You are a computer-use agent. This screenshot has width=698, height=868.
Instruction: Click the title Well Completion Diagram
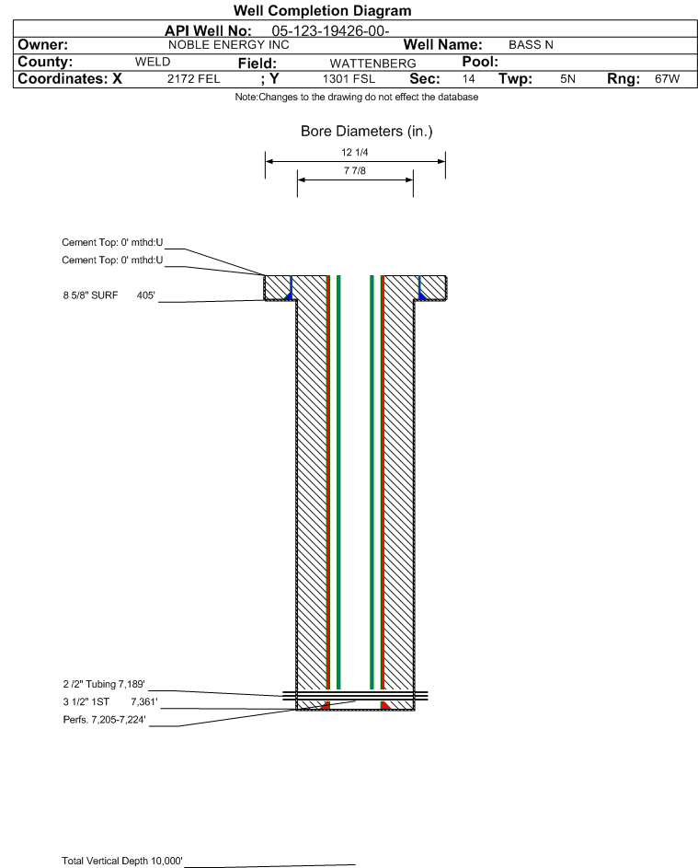coord(323,10)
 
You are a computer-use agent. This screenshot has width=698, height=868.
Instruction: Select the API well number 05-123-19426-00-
coord(330,31)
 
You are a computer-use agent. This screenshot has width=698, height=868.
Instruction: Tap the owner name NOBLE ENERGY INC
coord(228,45)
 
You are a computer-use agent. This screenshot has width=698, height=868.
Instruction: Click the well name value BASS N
coord(531,45)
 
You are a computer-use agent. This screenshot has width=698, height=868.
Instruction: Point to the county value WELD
coord(153,62)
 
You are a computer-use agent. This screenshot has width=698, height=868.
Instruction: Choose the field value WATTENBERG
coord(372,64)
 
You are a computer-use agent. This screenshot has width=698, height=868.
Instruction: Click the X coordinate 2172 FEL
coord(193,78)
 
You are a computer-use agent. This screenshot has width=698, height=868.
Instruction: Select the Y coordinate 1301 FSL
coord(349,78)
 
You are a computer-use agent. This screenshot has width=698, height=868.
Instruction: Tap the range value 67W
coord(667,78)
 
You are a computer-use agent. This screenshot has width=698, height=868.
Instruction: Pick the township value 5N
coord(567,78)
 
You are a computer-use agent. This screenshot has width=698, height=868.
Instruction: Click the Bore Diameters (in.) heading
coord(367,132)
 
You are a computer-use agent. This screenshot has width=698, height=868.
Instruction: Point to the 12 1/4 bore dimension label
coord(355,152)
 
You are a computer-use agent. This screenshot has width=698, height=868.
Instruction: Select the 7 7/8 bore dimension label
coord(355,170)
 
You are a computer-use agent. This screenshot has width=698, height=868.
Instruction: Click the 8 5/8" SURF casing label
coord(90,295)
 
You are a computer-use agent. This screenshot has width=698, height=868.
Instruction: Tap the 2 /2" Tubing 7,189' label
coord(104,684)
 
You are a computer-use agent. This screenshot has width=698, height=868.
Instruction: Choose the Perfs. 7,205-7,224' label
coord(105,720)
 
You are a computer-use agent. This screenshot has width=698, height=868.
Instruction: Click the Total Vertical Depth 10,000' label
coord(122,861)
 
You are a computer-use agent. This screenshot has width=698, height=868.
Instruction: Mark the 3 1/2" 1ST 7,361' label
coord(110,702)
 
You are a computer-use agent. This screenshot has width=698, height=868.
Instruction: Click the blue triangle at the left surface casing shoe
coord(288,296)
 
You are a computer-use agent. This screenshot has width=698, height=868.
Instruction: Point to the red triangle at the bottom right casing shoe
coord(385,705)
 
